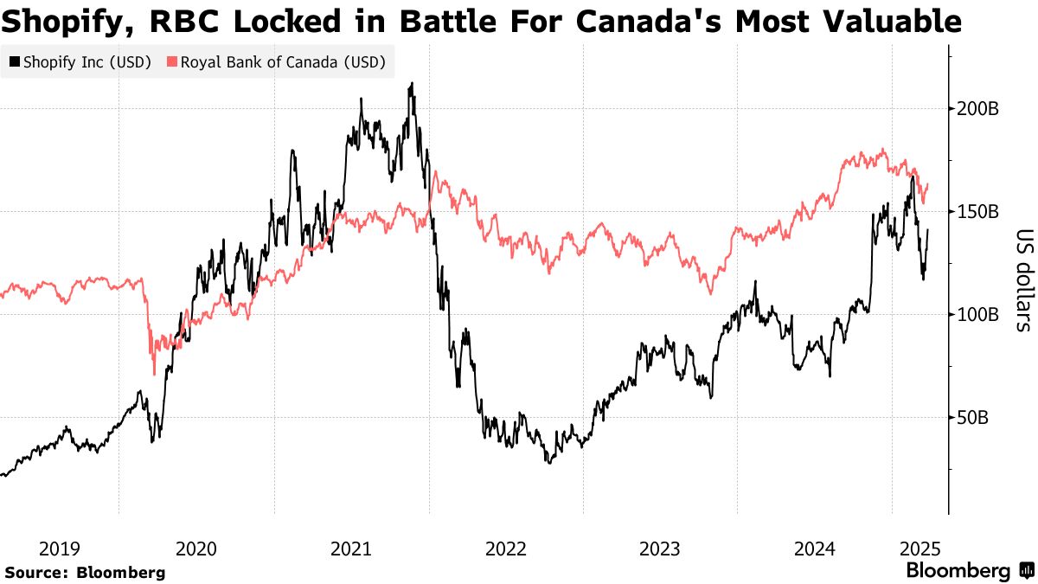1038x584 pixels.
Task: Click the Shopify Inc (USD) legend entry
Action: [80, 62]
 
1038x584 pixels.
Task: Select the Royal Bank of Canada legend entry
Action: [276, 62]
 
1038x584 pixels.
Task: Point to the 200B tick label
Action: [979, 109]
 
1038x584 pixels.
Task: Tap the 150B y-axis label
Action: [979, 212]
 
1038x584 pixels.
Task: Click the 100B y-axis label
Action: [979, 315]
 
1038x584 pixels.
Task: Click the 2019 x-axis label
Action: [60, 548]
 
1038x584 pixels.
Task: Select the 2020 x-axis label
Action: [196, 548]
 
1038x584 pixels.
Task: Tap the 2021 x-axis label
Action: [351, 548]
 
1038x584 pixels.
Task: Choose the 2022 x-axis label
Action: [506, 548]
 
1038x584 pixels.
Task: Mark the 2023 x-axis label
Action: [660, 548]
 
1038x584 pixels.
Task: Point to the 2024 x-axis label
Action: [815, 548]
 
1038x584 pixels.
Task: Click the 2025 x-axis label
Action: [920, 548]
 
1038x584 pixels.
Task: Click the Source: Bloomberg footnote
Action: [85, 572]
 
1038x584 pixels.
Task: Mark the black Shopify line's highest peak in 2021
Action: [412, 83]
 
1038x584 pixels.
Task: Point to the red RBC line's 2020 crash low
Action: [154, 374]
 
